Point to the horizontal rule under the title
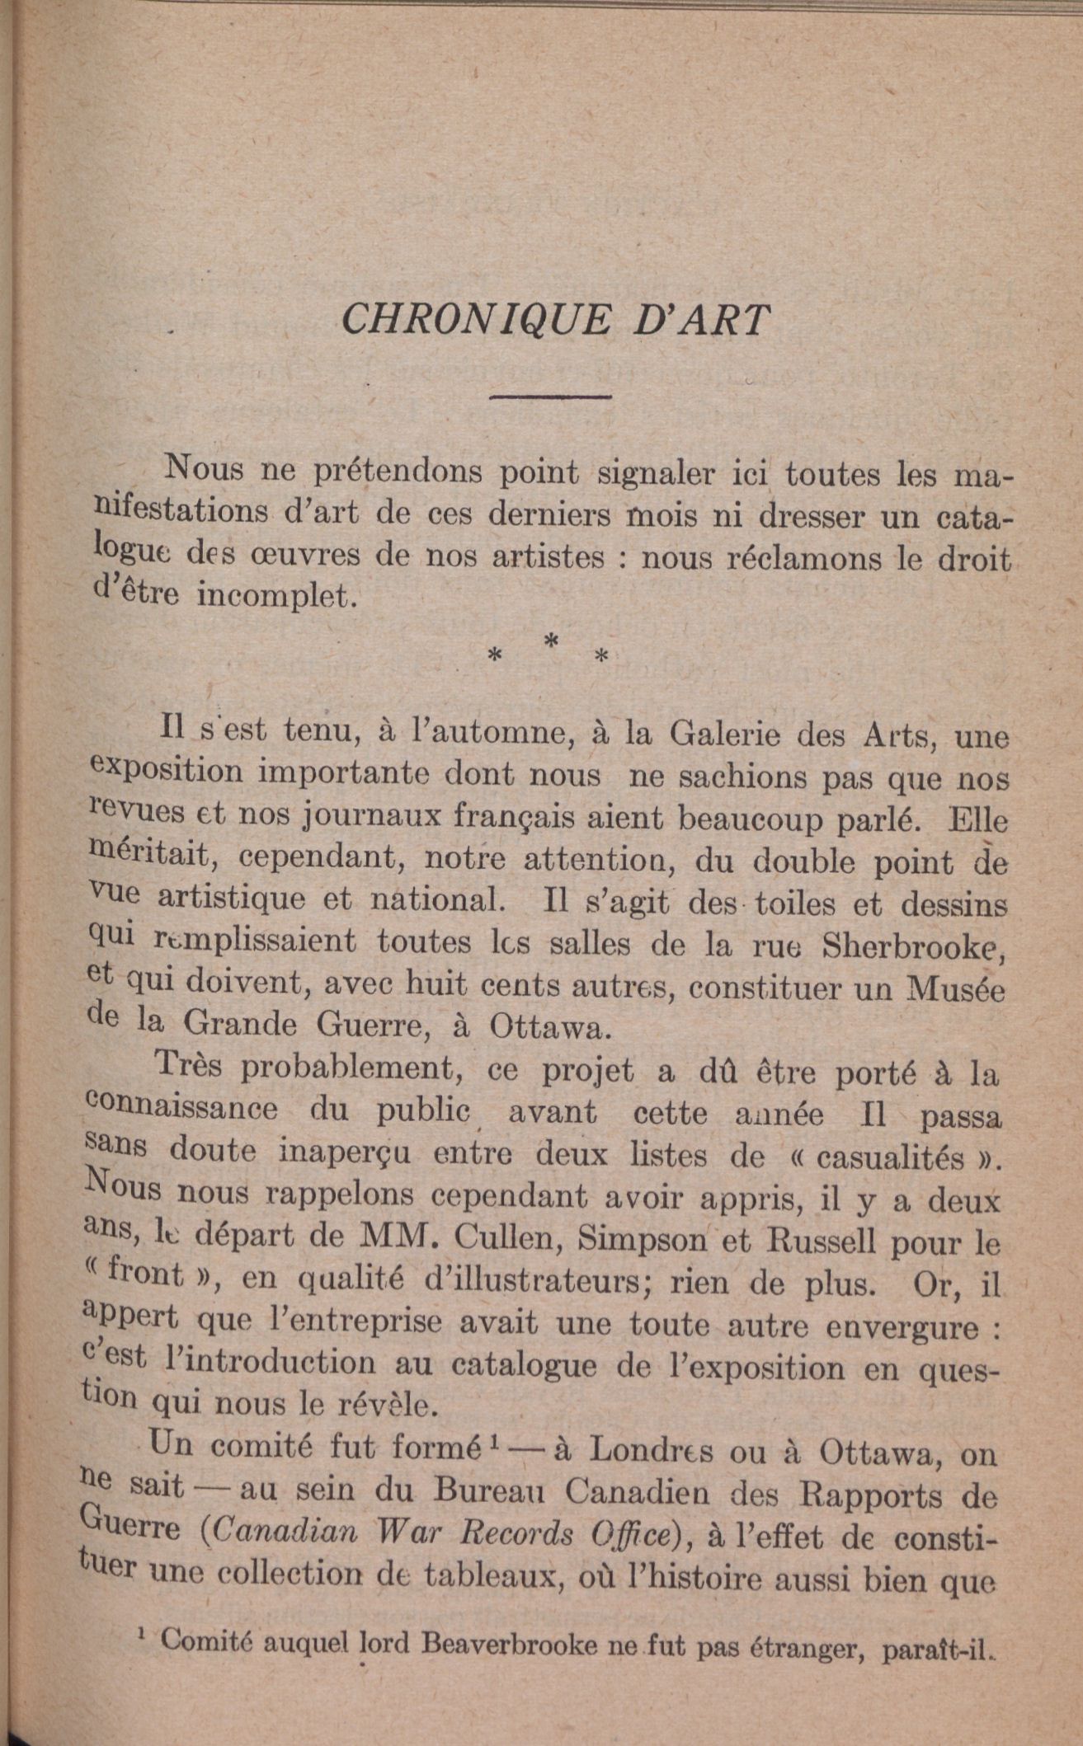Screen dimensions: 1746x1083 pyautogui.click(x=549, y=397)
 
